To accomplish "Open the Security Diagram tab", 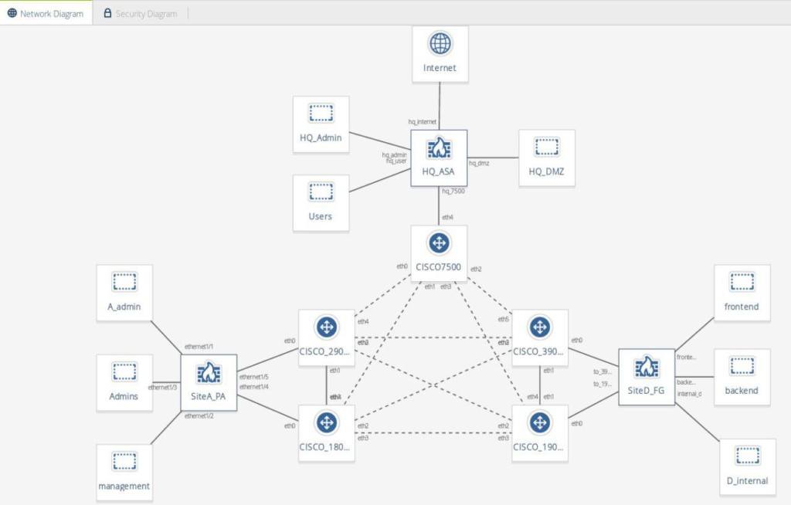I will (x=140, y=13).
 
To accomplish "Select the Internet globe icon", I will (x=440, y=44).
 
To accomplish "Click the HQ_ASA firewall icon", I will (x=440, y=147).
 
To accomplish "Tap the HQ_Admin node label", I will (x=321, y=137).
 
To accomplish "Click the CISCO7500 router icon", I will (x=440, y=243).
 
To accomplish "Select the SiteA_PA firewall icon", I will (x=209, y=374).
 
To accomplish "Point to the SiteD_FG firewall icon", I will (x=647, y=368).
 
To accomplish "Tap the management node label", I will (x=124, y=486).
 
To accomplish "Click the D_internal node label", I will (x=748, y=481).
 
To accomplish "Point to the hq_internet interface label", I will (x=423, y=122).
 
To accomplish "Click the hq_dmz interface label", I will (x=479, y=163).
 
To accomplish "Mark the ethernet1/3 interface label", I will (x=163, y=387).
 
